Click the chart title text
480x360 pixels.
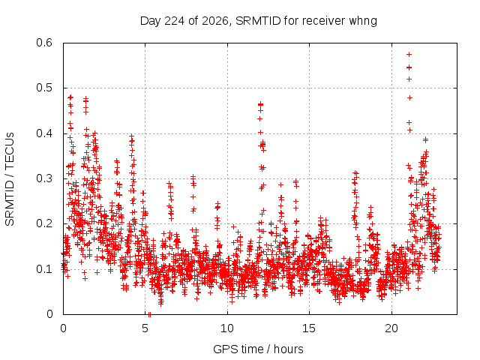[x=258, y=21]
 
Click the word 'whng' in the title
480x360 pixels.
[x=363, y=22]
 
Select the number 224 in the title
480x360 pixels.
[x=175, y=21]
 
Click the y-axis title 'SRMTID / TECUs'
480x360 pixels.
[x=10, y=179]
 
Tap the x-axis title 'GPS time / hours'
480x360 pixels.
[x=258, y=349]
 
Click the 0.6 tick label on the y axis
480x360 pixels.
[x=44, y=43]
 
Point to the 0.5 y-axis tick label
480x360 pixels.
[x=44, y=88]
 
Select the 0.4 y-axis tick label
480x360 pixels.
[x=44, y=133]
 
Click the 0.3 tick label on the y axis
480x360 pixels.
[x=44, y=178]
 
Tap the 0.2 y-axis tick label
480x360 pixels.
[x=44, y=223]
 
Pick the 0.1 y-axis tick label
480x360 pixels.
[x=44, y=269]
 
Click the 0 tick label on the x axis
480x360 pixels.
[x=63, y=328]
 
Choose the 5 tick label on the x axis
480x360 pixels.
[x=145, y=328]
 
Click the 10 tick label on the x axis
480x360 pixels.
[x=227, y=328]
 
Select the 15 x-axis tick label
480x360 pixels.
[x=309, y=328]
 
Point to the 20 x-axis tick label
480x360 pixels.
[x=391, y=328]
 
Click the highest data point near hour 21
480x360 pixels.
[x=409, y=55]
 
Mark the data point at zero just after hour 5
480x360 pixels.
[x=149, y=314]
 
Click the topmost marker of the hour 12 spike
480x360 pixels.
[x=260, y=104]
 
